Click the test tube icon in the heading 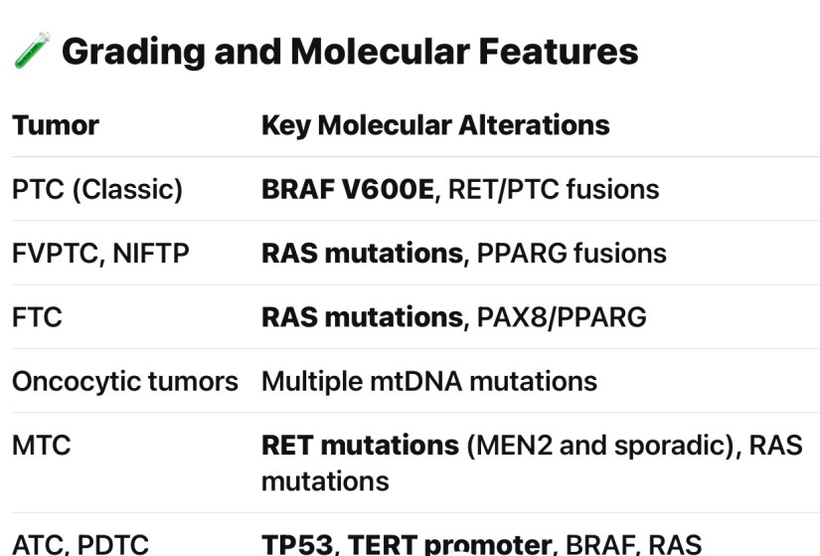[x=32, y=51]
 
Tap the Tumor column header [x=56, y=125]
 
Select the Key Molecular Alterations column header [x=435, y=125]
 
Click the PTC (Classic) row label [x=97, y=189]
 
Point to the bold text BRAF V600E [x=347, y=189]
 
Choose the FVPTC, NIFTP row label [x=100, y=253]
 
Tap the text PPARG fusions [x=572, y=253]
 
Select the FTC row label [x=37, y=316]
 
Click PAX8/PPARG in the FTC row [x=562, y=316]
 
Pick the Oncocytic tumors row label [x=125, y=380]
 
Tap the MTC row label [x=41, y=444]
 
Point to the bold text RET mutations [x=360, y=444]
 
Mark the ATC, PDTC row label [x=81, y=544]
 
